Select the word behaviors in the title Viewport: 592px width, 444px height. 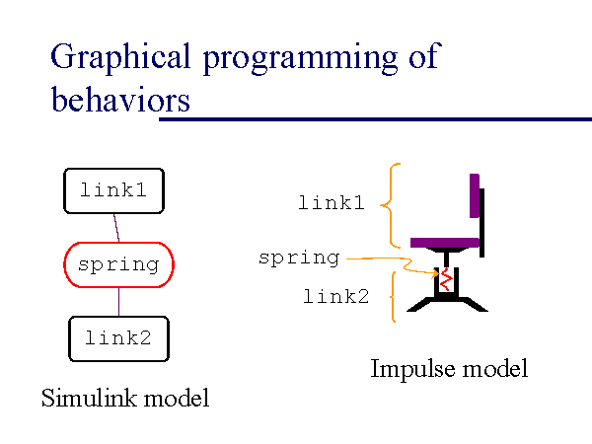pos(120,100)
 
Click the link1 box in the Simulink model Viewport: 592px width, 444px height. pos(113,190)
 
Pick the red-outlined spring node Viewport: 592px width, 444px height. pos(118,264)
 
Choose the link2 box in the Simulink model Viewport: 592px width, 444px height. pos(118,338)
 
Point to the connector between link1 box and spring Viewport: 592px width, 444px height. pos(116,227)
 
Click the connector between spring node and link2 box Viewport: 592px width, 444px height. pos(118,302)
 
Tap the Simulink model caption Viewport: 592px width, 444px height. pos(125,399)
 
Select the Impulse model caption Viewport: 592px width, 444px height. pos(449,369)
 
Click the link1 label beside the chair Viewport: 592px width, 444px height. pos(332,204)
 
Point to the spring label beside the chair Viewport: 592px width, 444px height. pos(298,259)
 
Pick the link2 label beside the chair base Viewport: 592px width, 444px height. pos(336,295)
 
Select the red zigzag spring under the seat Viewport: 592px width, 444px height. pos(446,279)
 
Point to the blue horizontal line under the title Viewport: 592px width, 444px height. pos(375,119)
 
